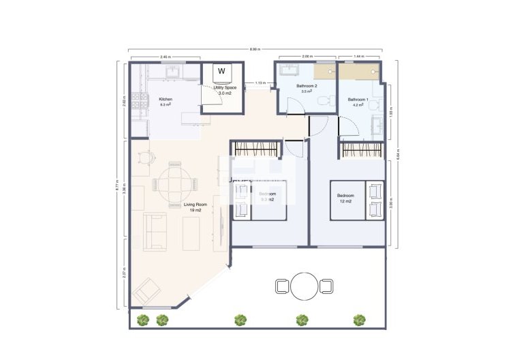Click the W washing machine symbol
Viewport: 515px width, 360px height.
tap(221, 71)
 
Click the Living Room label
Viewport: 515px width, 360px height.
tap(195, 207)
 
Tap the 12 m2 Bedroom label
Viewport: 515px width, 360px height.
tap(344, 198)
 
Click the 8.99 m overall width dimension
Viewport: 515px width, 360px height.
tap(254, 50)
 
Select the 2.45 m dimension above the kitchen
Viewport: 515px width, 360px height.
tap(165, 57)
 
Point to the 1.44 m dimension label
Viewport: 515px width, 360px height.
tap(359, 57)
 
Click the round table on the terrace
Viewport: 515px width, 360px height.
tap(305, 286)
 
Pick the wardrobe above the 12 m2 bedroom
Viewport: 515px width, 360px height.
tap(362, 149)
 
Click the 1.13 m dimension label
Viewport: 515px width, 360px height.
tap(260, 83)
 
